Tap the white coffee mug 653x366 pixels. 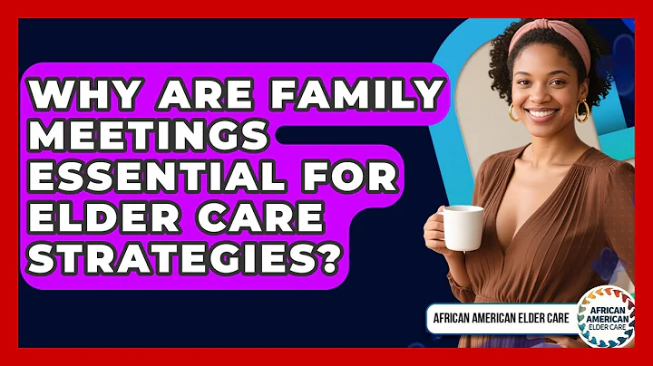pos(463,226)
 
